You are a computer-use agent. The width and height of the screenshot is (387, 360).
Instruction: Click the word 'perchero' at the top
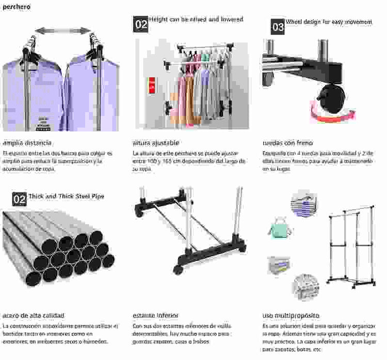click(x=17, y=7)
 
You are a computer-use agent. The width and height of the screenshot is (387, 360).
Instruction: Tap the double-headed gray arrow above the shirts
click(x=62, y=30)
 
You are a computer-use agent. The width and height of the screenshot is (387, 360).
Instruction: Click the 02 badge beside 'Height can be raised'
click(x=140, y=24)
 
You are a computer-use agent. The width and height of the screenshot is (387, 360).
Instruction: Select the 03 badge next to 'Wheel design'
click(x=278, y=26)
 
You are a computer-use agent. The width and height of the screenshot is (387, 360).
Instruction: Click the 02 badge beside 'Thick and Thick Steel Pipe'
click(x=19, y=199)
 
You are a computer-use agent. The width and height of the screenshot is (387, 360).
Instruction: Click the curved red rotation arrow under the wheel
click(x=333, y=114)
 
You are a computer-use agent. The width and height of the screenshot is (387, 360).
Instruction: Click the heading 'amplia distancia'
click(x=27, y=143)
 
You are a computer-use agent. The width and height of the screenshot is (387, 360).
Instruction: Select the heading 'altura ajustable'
click(x=156, y=143)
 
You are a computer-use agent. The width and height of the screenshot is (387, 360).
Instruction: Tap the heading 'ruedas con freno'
click(x=287, y=143)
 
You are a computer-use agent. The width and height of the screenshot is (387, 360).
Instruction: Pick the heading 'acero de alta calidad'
click(x=34, y=315)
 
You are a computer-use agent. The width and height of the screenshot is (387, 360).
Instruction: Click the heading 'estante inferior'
click(x=155, y=315)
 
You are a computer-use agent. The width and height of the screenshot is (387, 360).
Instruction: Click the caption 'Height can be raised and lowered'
click(x=196, y=20)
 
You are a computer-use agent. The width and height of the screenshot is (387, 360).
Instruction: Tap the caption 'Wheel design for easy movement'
click(x=329, y=22)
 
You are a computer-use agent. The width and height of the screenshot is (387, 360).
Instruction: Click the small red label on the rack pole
click(x=153, y=83)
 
